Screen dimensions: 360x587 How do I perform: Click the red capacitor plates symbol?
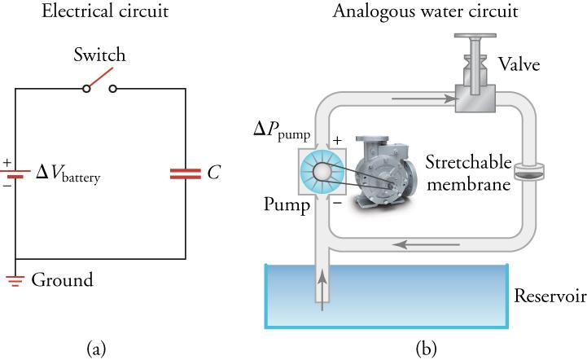click(x=184, y=173)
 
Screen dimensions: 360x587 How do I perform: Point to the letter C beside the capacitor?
click(x=214, y=173)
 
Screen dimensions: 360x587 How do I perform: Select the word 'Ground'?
click(x=62, y=282)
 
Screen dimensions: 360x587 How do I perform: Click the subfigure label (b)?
click(x=427, y=349)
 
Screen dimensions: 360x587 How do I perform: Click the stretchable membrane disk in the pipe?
click(x=526, y=172)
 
